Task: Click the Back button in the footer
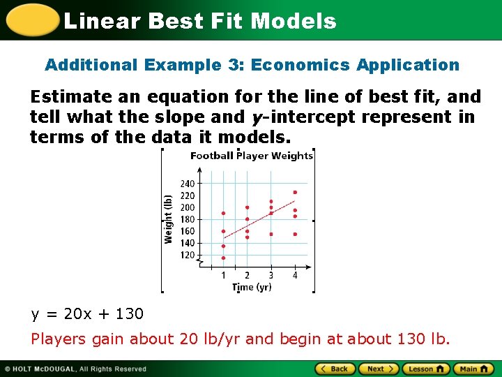pos(335,369)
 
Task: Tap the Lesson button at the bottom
pos(425,369)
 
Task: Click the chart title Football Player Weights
pos(252,156)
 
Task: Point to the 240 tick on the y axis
pos(188,184)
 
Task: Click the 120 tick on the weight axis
pos(188,256)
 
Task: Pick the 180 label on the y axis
pos(188,219)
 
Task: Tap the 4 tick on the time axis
pos(295,275)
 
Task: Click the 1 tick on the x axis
pos(223,275)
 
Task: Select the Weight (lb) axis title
pos(168,219)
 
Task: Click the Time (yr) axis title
pos(252,287)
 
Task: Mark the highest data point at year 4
pos(295,192)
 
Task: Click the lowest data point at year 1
pos(223,258)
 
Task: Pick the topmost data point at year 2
pos(247,207)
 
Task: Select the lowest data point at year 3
pos(271,234)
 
